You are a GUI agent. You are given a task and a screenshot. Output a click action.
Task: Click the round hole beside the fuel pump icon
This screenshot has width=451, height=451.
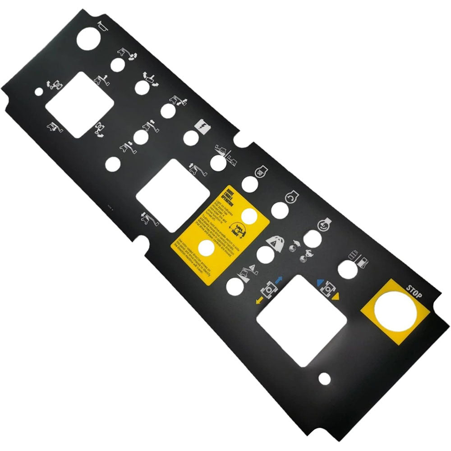click(x=347, y=271)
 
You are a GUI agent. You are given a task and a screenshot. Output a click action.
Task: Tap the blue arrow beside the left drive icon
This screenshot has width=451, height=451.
click(x=278, y=280)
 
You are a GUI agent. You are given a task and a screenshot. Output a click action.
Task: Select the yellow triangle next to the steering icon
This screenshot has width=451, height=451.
click(x=336, y=297)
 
